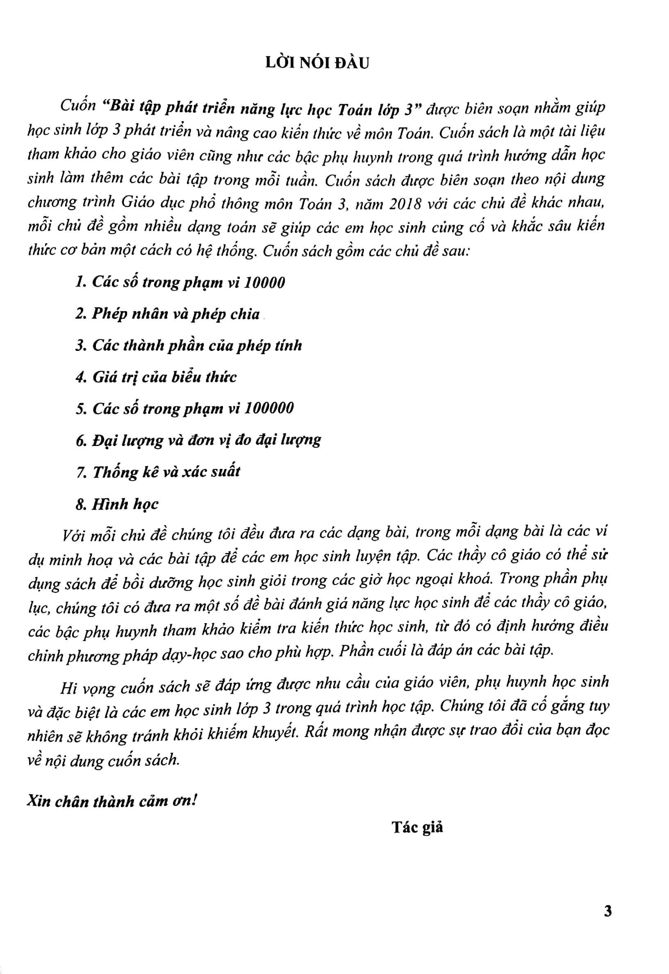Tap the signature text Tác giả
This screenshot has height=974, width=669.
point(417,827)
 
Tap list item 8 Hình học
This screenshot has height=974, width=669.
point(117,504)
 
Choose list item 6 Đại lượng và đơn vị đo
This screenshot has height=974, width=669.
point(198,441)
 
